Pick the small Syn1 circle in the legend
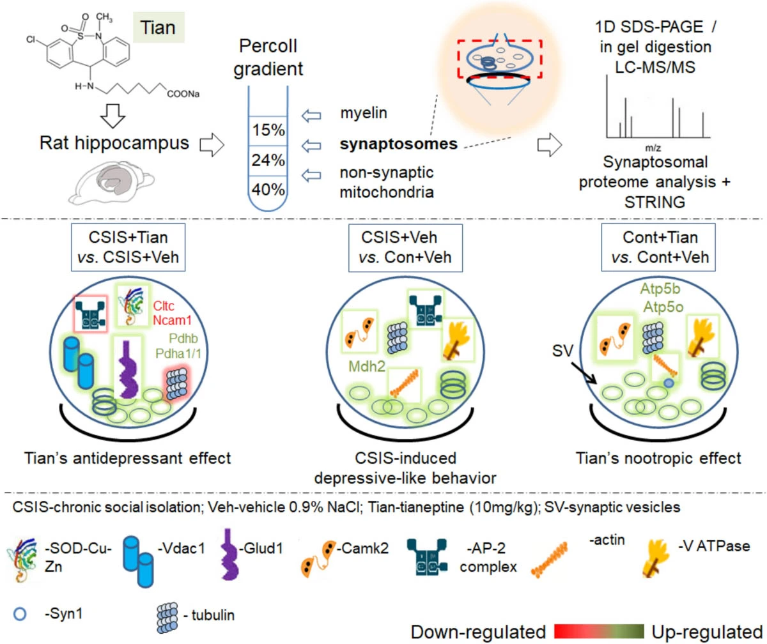pos(20,616)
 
